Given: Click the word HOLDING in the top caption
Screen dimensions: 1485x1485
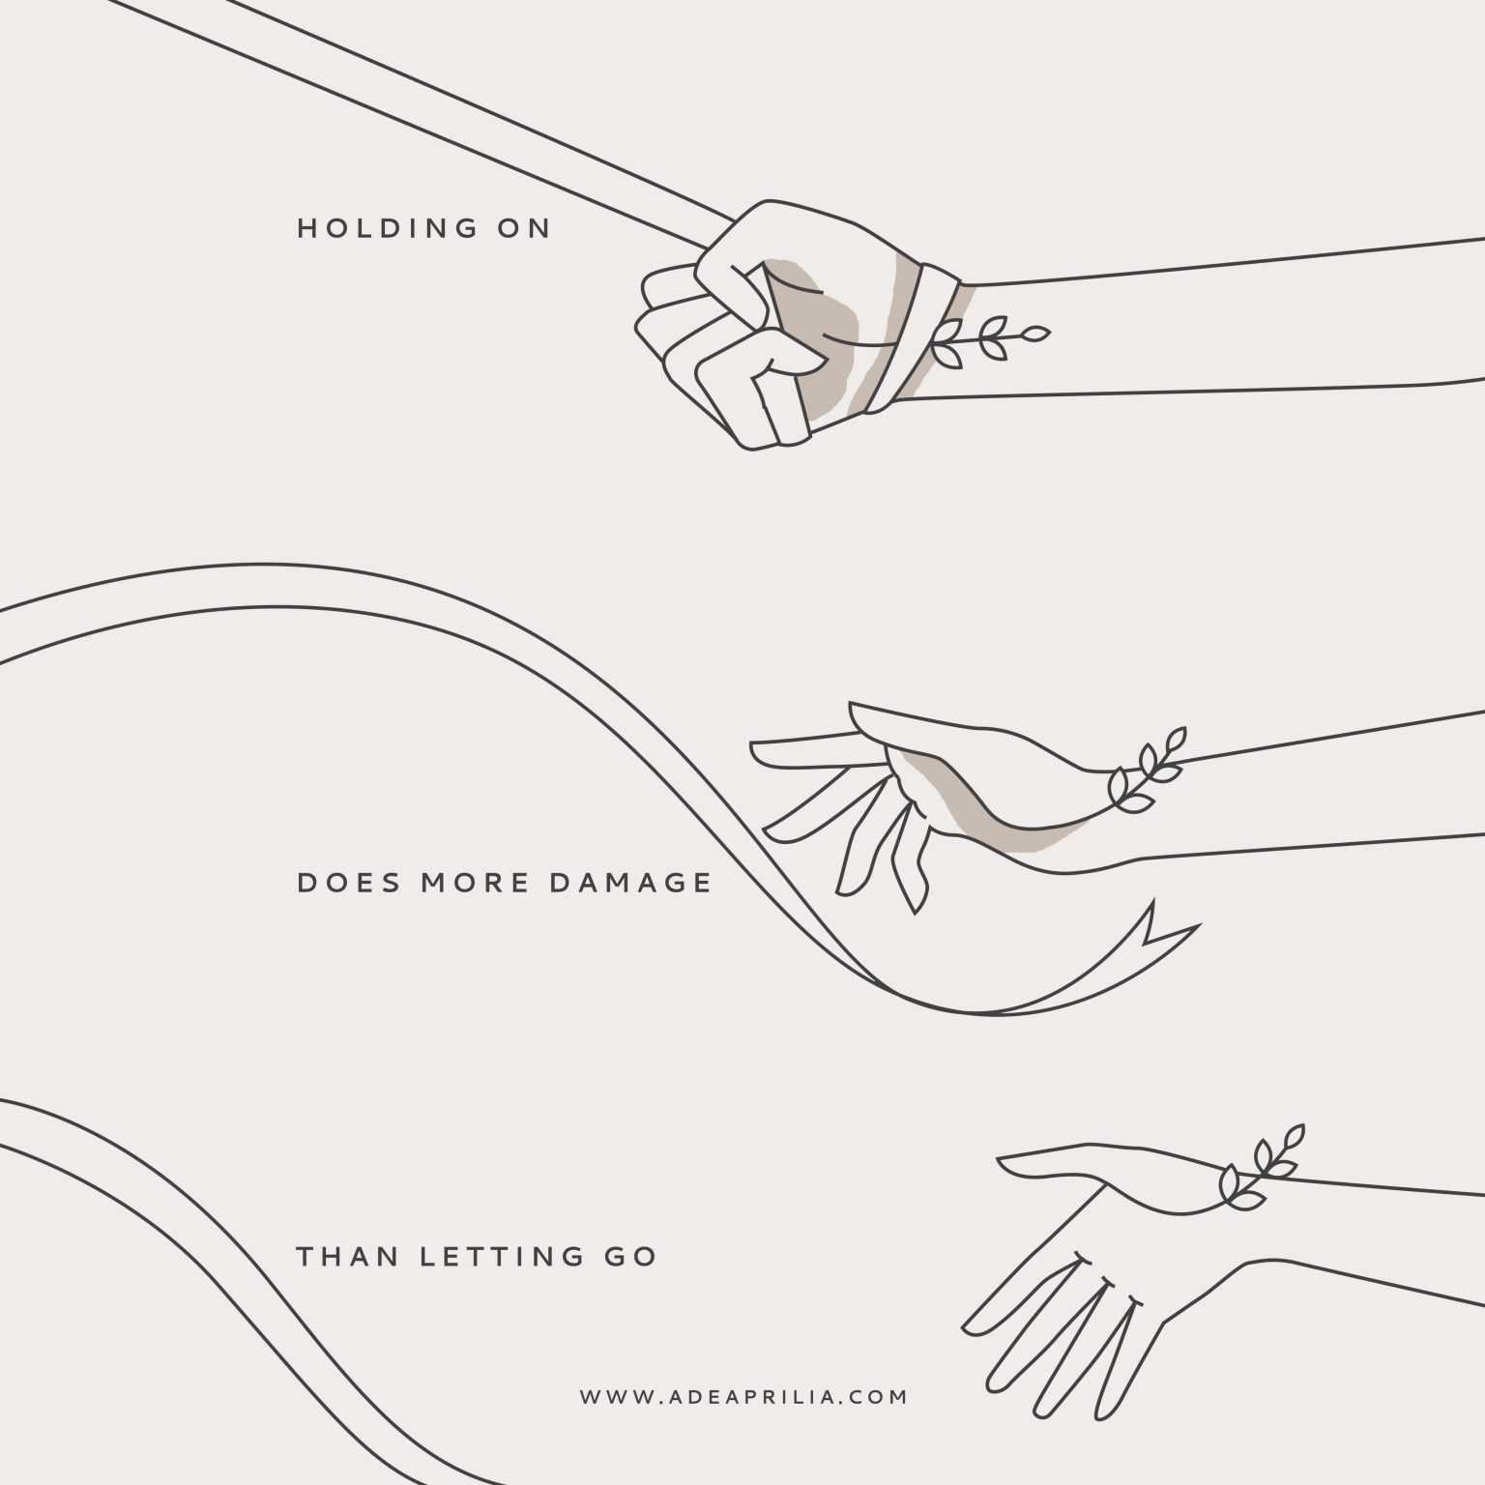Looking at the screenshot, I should pyautogui.click(x=388, y=228).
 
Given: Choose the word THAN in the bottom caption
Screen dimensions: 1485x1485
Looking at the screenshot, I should pyautogui.click(x=346, y=1257).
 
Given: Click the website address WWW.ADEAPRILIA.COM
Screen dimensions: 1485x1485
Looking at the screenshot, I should pyautogui.click(x=744, y=1397).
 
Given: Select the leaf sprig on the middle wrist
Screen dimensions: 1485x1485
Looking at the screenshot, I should pyautogui.click(x=1149, y=769).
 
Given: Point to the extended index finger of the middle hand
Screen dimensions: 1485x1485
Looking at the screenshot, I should pyautogui.click(x=802, y=749).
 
